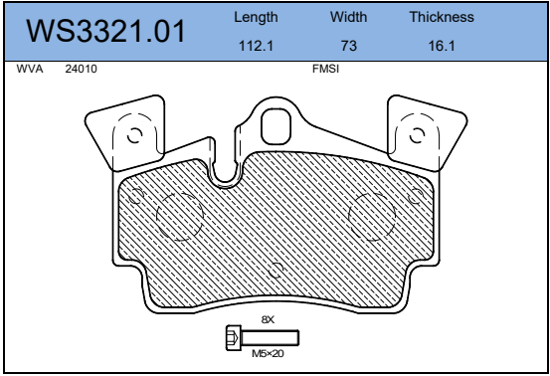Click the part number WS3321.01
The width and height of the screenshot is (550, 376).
coord(105,31)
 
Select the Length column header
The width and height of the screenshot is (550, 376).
coord(256,18)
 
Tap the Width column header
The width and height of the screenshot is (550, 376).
coord(348,17)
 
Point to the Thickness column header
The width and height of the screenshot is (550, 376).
coord(442,17)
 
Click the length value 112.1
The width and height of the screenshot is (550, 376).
coord(256,46)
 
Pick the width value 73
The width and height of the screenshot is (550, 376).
coord(349,46)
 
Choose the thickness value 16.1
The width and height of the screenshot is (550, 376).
coord(442,46)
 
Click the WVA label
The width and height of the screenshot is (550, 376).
coord(30,69)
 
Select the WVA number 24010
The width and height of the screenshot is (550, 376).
coord(81,69)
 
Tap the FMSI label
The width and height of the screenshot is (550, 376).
coord(326,69)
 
